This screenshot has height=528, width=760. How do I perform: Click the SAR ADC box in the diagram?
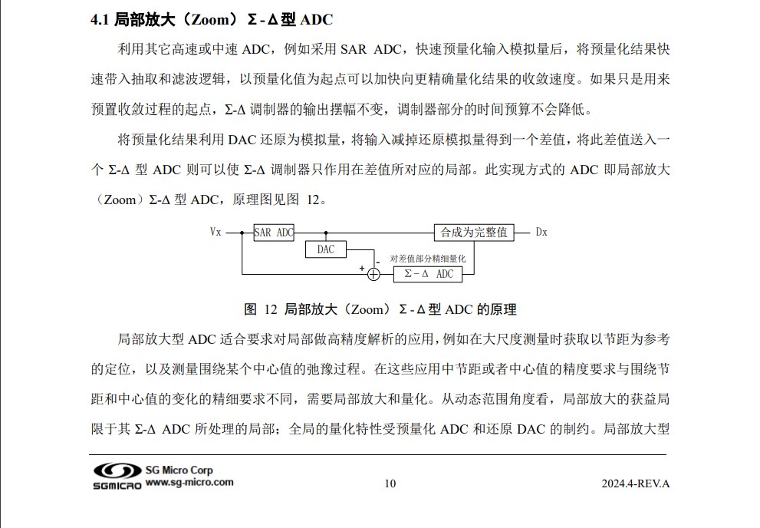click(x=274, y=233)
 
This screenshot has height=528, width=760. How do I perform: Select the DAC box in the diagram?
click(x=326, y=249)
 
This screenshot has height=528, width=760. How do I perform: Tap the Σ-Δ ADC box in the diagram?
click(x=429, y=274)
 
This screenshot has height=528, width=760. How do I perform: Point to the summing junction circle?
click(x=374, y=274)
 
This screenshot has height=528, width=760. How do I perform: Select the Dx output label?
click(x=541, y=233)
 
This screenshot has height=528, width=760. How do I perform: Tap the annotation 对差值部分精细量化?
click(x=428, y=259)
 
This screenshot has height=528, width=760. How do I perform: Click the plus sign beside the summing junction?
click(x=362, y=269)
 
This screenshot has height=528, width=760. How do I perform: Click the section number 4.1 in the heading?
click(x=100, y=19)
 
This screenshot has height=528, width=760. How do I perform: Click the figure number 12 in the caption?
click(x=269, y=310)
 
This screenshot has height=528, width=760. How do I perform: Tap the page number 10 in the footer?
click(x=390, y=483)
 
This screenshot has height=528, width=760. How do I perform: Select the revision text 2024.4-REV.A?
click(x=636, y=483)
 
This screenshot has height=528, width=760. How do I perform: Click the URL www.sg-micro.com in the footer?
click(x=189, y=483)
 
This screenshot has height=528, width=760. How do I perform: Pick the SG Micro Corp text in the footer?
click(x=179, y=470)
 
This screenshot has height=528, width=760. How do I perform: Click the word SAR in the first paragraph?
click(x=354, y=50)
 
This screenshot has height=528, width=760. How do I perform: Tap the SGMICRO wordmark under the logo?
click(x=117, y=486)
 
